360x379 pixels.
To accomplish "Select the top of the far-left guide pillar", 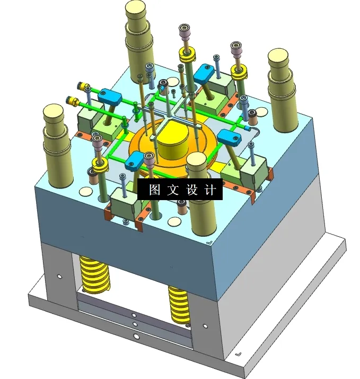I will [54, 113].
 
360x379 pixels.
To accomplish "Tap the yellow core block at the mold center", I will [172, 143].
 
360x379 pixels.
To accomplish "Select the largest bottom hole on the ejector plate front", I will [136, 336].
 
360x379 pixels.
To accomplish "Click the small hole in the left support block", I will [58, 276].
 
